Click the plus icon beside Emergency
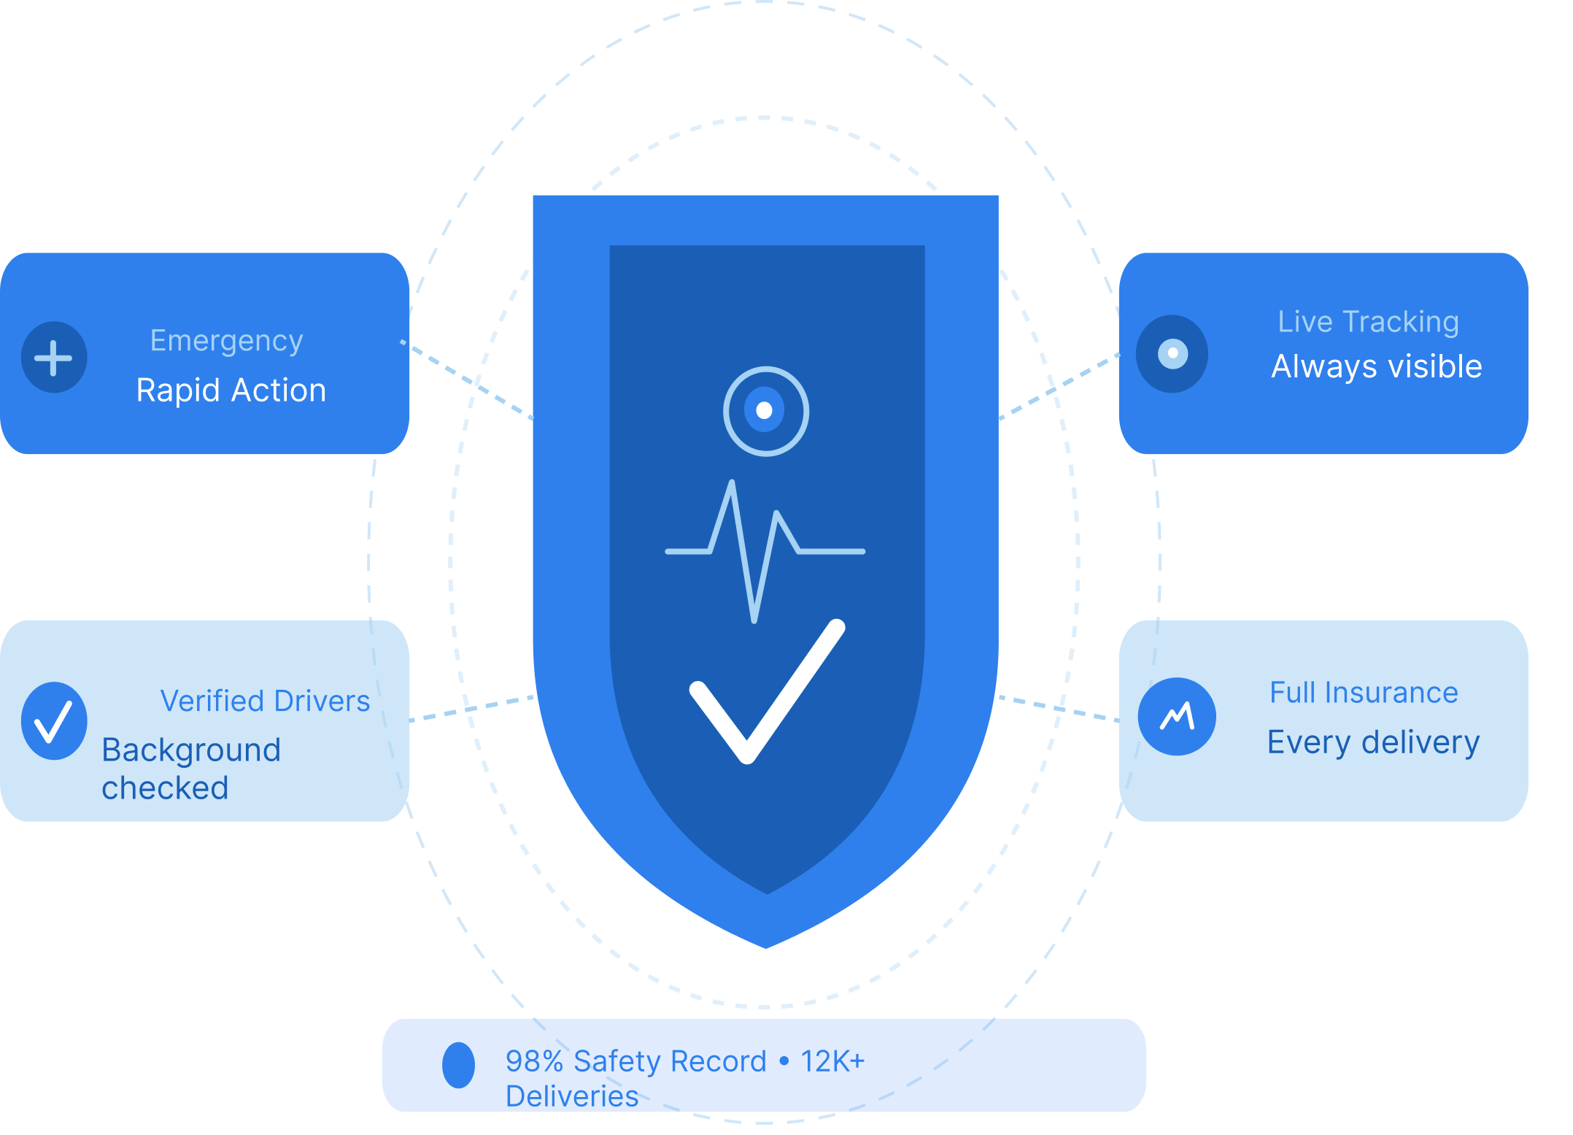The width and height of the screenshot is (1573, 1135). click(x=53, y=358)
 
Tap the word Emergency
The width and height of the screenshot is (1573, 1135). click(x=226, y=341)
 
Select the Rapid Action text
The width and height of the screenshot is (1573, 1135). click(x=231, y=390)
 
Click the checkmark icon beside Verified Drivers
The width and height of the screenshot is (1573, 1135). click(x=53, y=721)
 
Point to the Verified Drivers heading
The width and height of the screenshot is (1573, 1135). click(x=265, y=701)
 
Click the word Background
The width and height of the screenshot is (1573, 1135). click(x=191, y=750)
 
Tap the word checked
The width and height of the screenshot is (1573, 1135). click(x=165, y=788)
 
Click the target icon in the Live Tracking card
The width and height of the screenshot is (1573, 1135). click(x=1172, y=354)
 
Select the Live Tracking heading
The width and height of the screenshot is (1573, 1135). click(x=1368, y=322)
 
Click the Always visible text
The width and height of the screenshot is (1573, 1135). click(x=1376, y=366)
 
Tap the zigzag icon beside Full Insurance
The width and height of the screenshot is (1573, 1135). click(x=1177, y=717)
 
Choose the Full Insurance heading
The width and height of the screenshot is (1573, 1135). click(x=1364, y=693)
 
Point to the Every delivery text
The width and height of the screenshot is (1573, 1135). click(x=1373, y=742)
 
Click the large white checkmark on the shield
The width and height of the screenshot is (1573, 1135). click(x=766, y=693)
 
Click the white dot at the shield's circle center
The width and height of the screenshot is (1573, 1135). click(x=765, y=410)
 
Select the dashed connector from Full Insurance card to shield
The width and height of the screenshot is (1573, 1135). click(x=1058, y=708)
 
